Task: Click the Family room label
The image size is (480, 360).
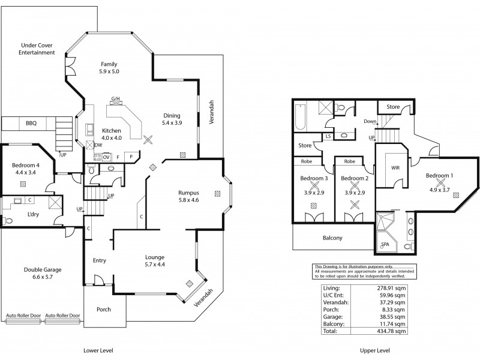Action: point(109,64)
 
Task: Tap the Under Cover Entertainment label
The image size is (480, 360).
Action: point(38,49)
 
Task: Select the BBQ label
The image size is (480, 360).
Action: point(31,123)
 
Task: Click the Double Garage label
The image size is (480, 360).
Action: point(43,270)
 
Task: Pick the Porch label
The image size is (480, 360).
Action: point(104,310)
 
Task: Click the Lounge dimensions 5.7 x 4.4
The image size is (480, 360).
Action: point(155,265)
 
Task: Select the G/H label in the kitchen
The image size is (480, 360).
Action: point(116,99)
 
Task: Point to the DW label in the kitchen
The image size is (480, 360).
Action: point(98,145)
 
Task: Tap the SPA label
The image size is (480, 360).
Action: point(385,245)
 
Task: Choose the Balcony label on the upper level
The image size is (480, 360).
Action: point(332,238)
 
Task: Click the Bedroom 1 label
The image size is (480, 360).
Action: point(440,176)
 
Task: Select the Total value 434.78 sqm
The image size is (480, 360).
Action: point(392,331)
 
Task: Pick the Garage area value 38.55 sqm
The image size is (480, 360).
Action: point(392,316)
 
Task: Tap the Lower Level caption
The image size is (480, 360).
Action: point(98,350)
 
